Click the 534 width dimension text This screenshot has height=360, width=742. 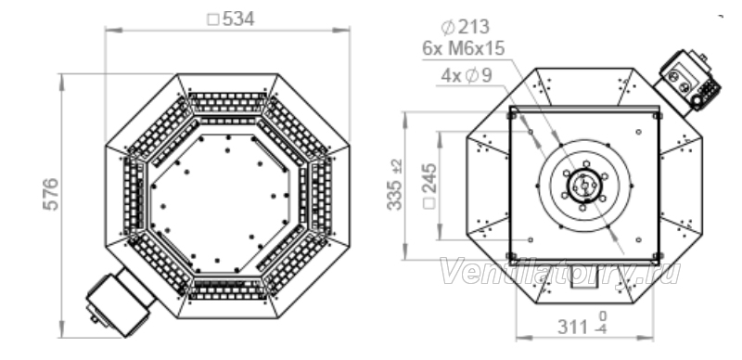(x=231, y=19)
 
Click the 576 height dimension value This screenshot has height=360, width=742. (x=51, y=194)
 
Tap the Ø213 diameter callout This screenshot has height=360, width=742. (x=466, y=27)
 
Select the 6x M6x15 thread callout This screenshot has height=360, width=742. (x=464, y=49)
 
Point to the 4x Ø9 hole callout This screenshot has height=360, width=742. (x=467, y=76)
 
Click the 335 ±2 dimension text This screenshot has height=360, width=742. (x=395, y=185)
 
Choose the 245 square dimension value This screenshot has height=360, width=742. (x=429, y=186)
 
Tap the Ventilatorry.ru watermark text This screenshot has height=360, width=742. (x=560, y=273)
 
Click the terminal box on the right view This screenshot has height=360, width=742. (x=687, y=82)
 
